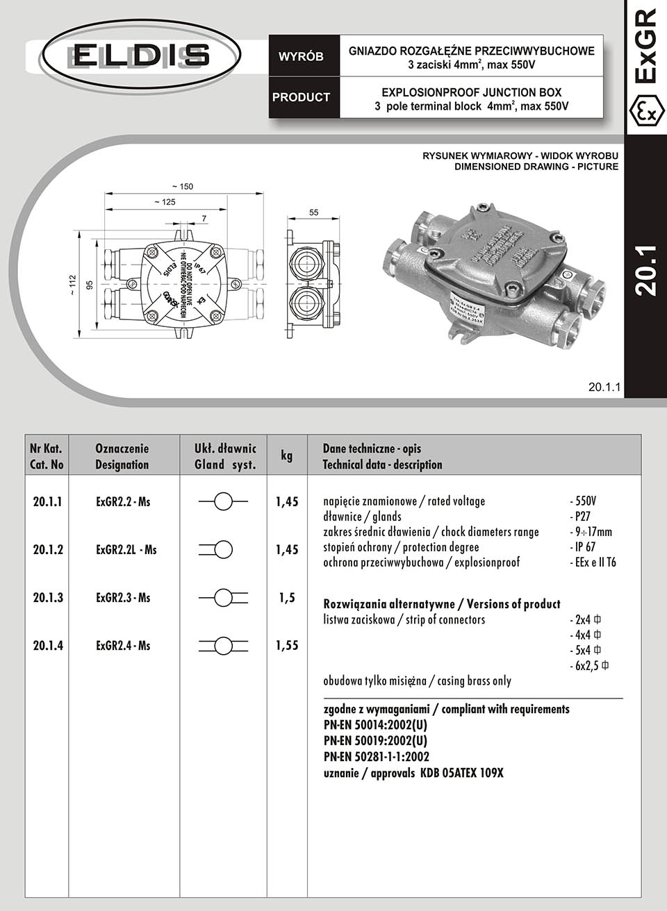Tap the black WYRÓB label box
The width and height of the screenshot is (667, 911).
click(301, 56)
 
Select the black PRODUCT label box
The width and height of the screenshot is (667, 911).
click(301, 97)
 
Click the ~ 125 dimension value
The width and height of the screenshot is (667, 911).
click(165, 202)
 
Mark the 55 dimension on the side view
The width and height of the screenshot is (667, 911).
click(314, 212)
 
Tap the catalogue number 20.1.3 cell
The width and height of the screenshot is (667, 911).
click(48, 598)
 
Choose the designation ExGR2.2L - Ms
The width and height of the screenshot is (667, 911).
click(126, 550)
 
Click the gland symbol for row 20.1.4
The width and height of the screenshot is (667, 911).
click(223, 646)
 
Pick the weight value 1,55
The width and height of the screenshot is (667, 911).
click(287, 646)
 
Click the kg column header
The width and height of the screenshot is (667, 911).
click(287, 455)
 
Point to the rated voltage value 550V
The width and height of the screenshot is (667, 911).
click(584, 501)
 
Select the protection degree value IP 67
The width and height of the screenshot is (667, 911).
click(584, 547)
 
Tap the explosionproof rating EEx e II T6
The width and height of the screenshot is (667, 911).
click(593, 562)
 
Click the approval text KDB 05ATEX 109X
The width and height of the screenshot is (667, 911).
click(461, 773)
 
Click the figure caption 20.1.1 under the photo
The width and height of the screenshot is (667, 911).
click(604, 387)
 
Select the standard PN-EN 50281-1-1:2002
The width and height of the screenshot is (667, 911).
click(377, 757)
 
